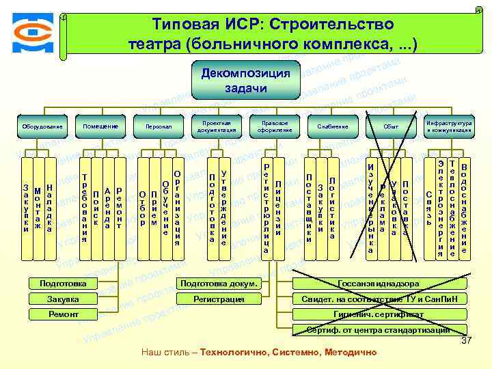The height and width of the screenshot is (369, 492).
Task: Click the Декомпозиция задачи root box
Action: (x=245, y=81)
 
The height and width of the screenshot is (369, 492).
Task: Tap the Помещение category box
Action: (x=100, y=126)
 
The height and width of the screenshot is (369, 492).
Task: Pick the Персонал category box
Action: (x=159, y=126)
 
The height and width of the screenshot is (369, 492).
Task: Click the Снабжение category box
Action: (x=333, y=126)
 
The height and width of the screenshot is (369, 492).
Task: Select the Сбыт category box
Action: (x=391, y=126)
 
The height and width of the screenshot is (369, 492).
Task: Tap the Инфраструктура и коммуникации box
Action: (x=449, y=126)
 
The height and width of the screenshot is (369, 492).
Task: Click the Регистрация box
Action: (x=218, y=299)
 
